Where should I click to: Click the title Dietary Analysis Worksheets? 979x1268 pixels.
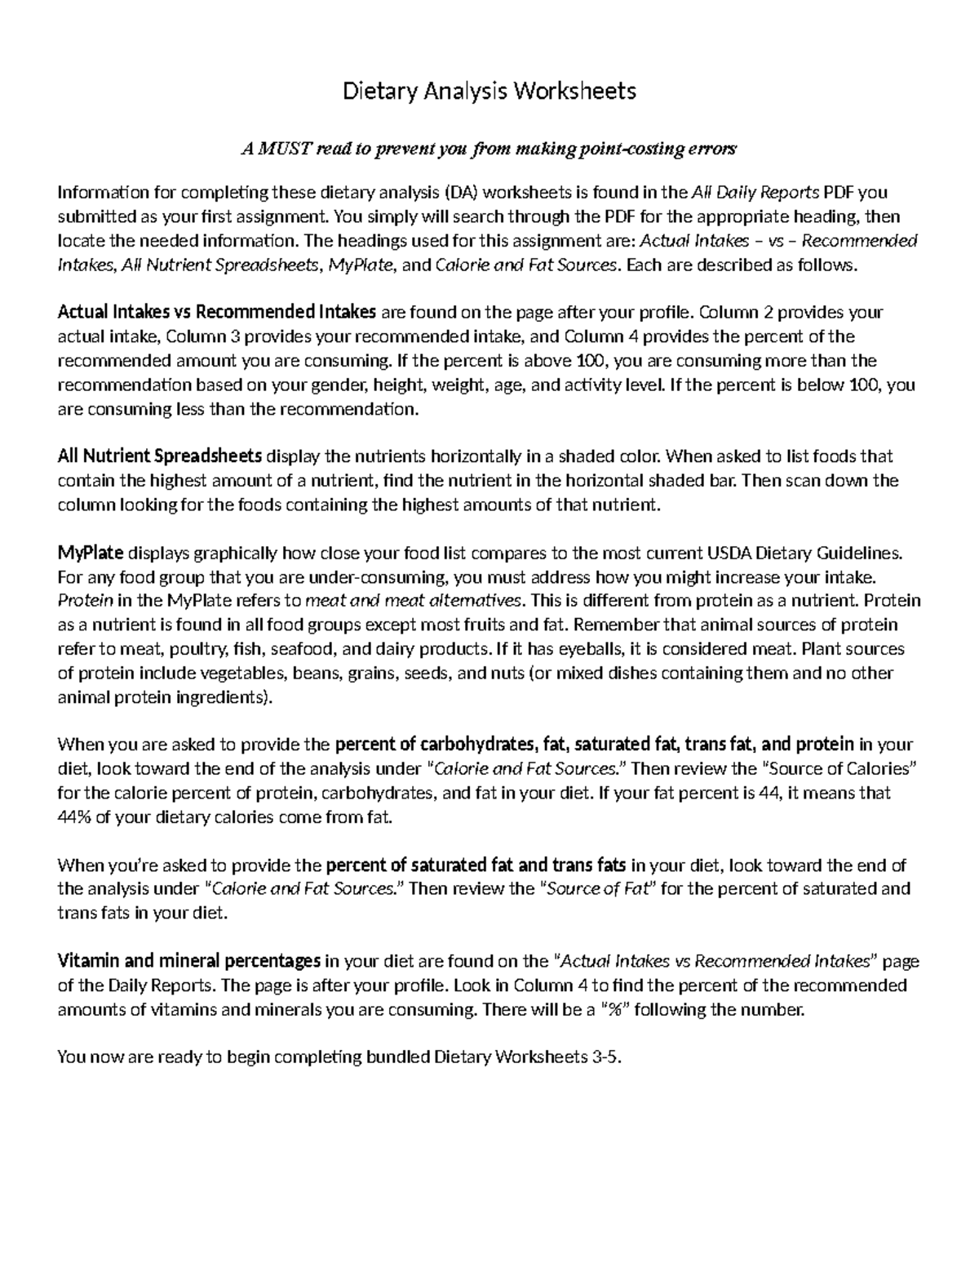click(489, 91)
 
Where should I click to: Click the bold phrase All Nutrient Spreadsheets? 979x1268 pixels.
click(160, 456)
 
